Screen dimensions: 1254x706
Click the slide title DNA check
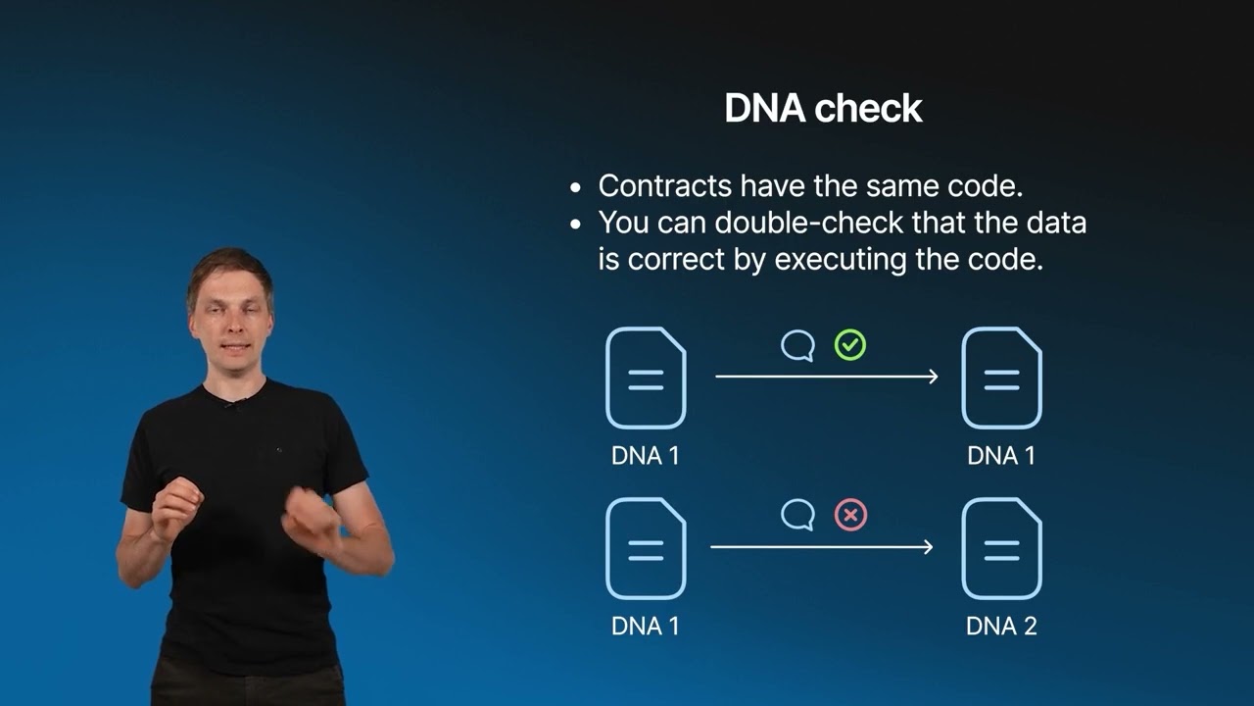[823, 108]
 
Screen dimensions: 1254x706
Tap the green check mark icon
[849, 344]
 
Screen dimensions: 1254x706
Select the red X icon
[850, 515]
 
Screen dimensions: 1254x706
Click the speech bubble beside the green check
[797, 345]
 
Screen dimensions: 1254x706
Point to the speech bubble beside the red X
[797, 515]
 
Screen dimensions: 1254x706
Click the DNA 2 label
[1001, 626]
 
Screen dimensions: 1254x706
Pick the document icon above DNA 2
[1001, 548]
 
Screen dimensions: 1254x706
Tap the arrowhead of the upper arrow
[934, 376]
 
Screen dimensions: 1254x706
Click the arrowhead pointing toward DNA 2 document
[928, 546]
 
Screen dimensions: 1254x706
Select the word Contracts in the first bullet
[664, 185]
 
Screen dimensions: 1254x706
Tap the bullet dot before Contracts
[575, 188]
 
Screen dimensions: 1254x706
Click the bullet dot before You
[575, 225]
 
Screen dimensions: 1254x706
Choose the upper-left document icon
[646, 378]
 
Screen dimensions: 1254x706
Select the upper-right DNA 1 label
[1001, 456]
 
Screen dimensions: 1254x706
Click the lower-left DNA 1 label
[645, 626]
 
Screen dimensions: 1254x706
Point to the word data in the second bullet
[1056, 223]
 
